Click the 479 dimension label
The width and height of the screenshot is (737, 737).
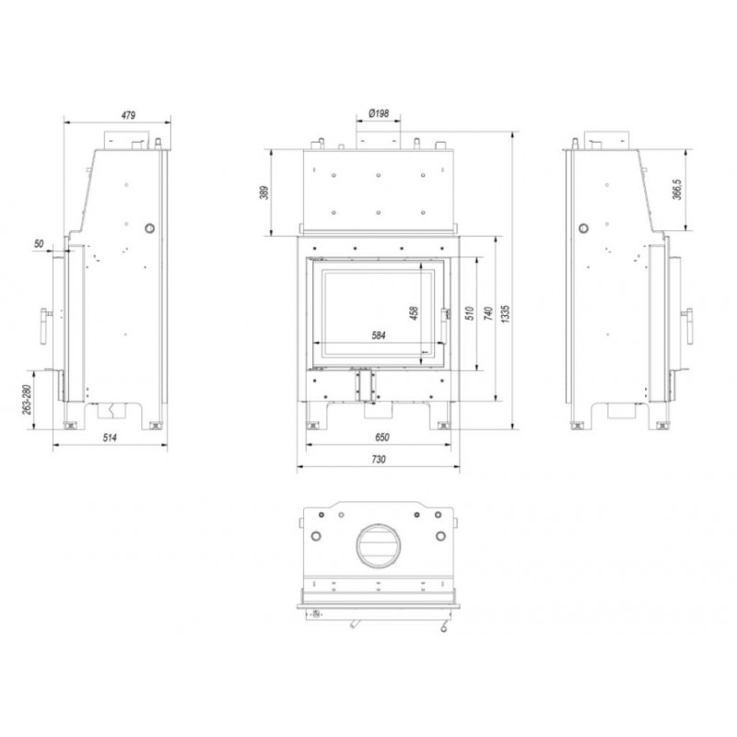point(128,114)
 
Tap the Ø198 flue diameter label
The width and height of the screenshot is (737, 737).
point(379,113)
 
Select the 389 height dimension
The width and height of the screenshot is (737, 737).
point(265,193)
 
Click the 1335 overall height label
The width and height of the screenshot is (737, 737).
point(505,314)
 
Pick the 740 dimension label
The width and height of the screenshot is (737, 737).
point(488,314)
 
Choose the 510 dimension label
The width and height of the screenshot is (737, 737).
point(470,314)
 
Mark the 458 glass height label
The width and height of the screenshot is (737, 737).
point(414,313)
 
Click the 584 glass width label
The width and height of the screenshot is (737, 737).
point(379,335)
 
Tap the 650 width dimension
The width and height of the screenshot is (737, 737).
point(382,437)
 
